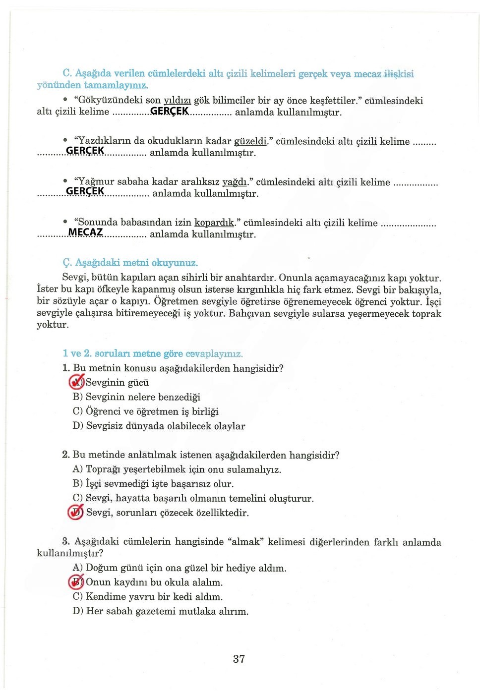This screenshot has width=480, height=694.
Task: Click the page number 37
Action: click(x=239, y=659)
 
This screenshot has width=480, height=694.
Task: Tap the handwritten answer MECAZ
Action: click(x=85, y=232)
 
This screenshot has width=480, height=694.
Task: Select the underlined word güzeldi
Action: click(x=250, y=141)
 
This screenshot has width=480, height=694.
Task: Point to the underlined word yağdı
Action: click(x=235, y=182)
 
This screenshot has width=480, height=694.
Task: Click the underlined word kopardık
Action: click(x=214, y=223)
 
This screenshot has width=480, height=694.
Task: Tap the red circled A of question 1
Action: click(x=77, y=382)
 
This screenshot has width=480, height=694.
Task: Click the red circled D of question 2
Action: click(x=76, y=512)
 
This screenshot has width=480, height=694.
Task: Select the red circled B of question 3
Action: click(x=76, y=581)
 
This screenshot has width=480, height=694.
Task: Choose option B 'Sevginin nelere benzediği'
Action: click(x=142, y=397)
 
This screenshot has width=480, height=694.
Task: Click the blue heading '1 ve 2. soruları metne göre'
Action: click(x=152, y=353)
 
